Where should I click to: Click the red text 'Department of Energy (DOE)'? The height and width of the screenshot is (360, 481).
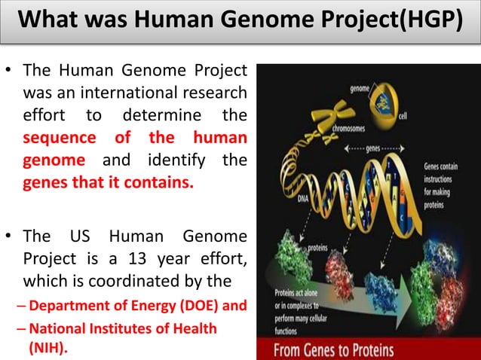coord(115,307)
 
